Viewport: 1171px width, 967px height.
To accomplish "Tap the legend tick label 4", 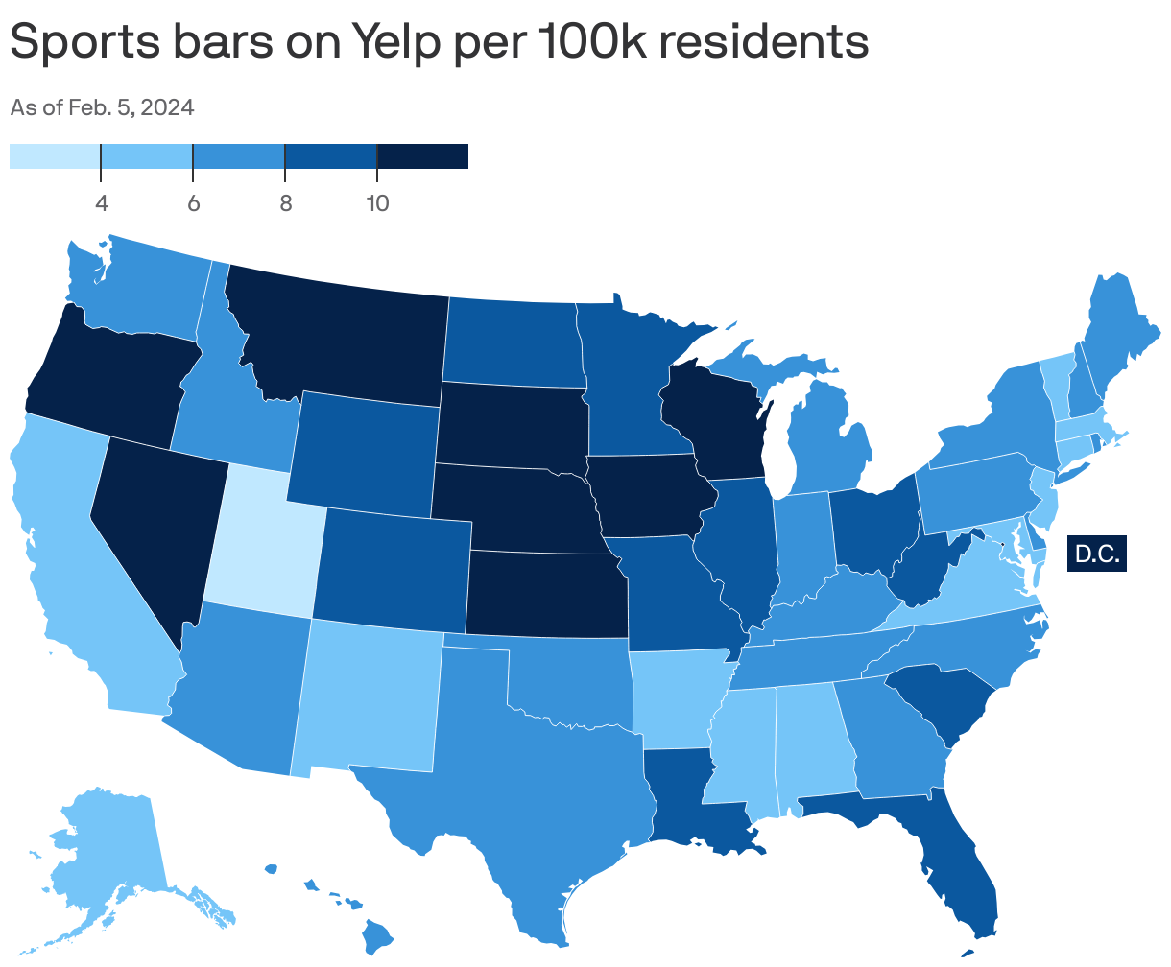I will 101,203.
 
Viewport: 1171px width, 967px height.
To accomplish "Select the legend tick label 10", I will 376,203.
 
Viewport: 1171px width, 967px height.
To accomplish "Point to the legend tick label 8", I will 285,203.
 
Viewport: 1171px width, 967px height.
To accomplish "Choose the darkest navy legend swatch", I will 422,156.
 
